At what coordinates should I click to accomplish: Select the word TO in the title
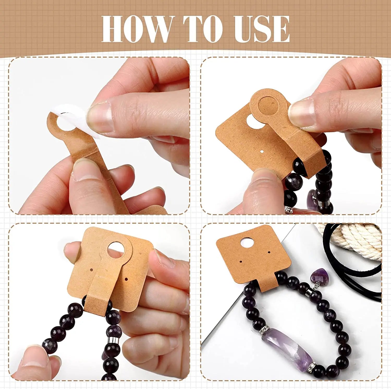[202, 29]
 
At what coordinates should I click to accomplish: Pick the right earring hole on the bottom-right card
[269, 252]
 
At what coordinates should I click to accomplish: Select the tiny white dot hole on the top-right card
[262, 151]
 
